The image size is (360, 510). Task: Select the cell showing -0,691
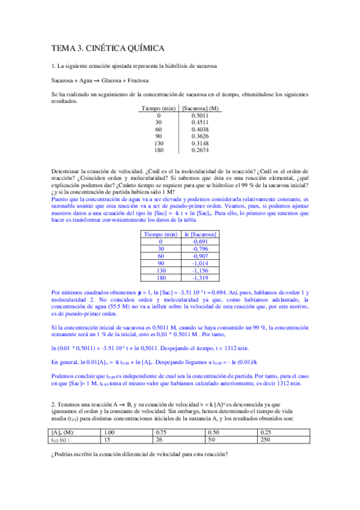199,241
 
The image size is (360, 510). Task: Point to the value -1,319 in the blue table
199,278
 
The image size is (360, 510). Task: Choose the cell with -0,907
199,256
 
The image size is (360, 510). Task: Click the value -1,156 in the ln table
199,271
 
